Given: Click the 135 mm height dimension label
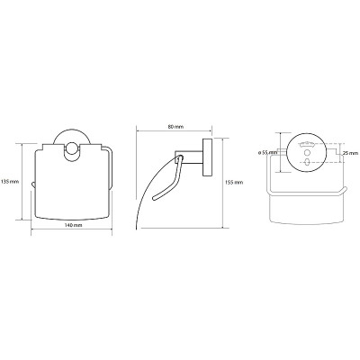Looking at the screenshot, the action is [x=10, y=182].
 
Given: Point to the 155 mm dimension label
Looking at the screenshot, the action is [x=234, y=182].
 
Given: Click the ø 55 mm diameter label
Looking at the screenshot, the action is [x=267, y=153].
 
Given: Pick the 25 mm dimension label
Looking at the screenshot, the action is [x=351, y=153].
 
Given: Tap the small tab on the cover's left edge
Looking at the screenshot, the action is [x=33, y=184].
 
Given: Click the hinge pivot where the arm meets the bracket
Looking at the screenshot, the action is [x=179, y=157].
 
